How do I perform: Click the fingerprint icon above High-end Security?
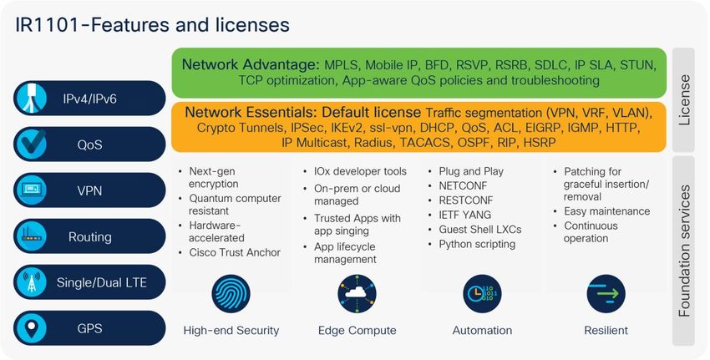pyautogui.click(x=231, y=293)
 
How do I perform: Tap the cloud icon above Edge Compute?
pyautogui.click(x=357, y=293)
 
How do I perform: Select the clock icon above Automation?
pyautogui.click(x=482, y=293)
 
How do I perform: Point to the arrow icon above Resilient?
pyautogui.click(x=606, y=293)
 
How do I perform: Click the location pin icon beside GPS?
pyautogui.click(x=32, y=328)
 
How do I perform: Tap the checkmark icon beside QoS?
pyautogui.click(x=32, y=144)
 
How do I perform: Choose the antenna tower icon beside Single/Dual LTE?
pyautogui.click(x=32, y=282)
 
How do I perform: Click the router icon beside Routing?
pyautogui.click(x=32, y=236)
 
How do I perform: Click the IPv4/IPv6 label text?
pyautogui.click(x=89, y=99)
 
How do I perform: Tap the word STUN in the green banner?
pyautogui.click(x=637, y=65)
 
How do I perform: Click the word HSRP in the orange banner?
pyautogui.click(x=540, y=143)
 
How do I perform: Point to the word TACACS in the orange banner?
pyautogui.click(x=424, y=143)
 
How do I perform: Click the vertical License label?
pyautogui.click(x=684, y=99)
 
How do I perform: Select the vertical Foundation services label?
pyautogui.click(x=684, y=251)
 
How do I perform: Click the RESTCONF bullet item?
pyautogui.click(x=466, y=200)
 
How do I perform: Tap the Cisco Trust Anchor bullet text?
pyautogui.click(x=235, y=252)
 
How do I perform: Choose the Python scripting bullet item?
pyautogui.click(x=477, y=244)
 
